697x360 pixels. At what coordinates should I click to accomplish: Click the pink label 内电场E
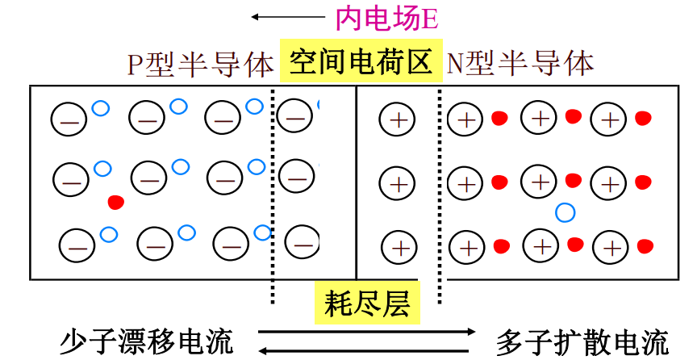pos(386,19)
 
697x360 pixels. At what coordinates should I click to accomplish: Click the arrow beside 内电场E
pos(288,17)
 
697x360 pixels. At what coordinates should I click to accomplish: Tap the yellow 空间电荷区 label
pos(361,61)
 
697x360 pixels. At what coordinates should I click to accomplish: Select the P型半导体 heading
pos(201,64)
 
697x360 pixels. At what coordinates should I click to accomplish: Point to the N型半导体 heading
pos(520,63)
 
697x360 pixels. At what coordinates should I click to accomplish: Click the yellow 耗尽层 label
pos(368,303)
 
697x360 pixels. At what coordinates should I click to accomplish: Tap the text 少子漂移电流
pos(147,341)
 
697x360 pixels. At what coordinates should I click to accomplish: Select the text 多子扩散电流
pos(582,341)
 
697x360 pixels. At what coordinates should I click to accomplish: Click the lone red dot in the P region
pos(116,203)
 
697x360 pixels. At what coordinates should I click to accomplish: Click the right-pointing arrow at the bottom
pos(367,332)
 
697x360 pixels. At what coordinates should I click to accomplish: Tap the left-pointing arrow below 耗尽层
pos(364,350)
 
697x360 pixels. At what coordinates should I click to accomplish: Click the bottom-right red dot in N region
pos(645,246)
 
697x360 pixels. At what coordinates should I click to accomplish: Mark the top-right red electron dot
pos(643,119)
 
